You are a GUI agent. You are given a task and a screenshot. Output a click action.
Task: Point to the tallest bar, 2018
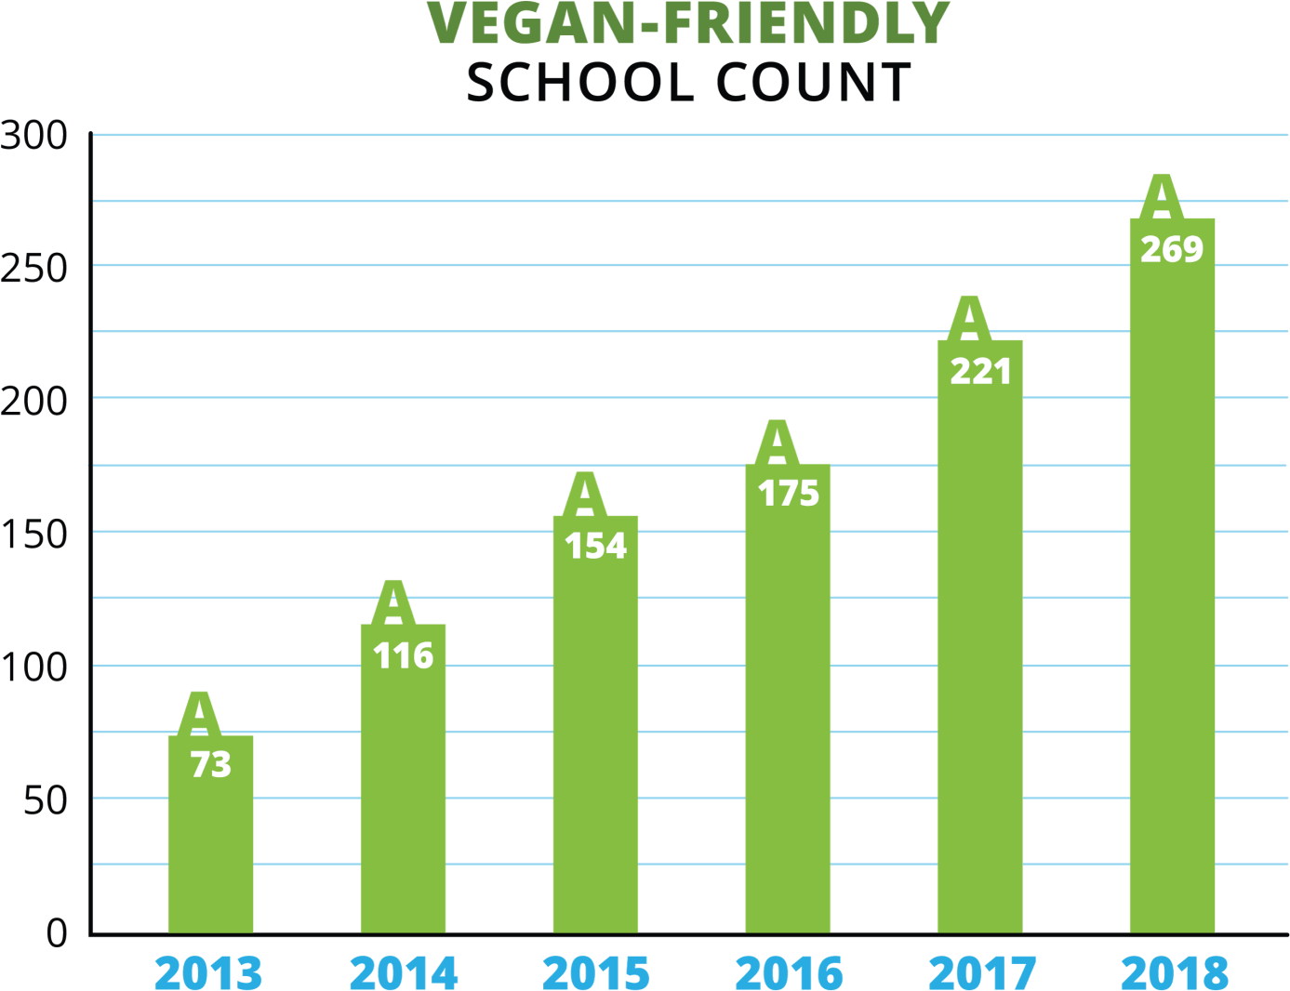click(1172, 595)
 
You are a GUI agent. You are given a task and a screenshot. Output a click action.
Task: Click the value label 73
click(210, 765)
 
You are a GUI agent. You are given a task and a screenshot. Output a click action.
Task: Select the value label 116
click(403, 656)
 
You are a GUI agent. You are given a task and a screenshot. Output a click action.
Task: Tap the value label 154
click(595, 546)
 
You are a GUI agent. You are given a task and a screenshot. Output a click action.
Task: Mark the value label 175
click(788, 494)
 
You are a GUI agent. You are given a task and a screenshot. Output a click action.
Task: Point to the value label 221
click(980, 371)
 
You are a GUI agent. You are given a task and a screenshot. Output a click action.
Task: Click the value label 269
click(1172, 249)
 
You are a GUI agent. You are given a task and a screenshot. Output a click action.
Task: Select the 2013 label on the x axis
click(208, 972)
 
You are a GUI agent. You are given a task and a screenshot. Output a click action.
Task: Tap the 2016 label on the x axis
click(789, 972)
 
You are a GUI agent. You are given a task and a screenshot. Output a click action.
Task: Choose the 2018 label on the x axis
click(1175, 972)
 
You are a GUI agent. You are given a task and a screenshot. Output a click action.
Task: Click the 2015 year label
click(596, 972)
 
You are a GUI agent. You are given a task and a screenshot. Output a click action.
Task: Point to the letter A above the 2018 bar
click(1161, 196)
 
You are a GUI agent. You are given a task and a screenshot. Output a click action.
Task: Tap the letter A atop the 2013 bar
click(199, 714)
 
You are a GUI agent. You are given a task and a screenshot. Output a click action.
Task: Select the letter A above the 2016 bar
click(777, 443)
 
